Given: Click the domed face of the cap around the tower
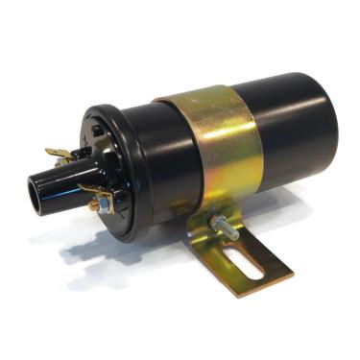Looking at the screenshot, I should tap(106, 163).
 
